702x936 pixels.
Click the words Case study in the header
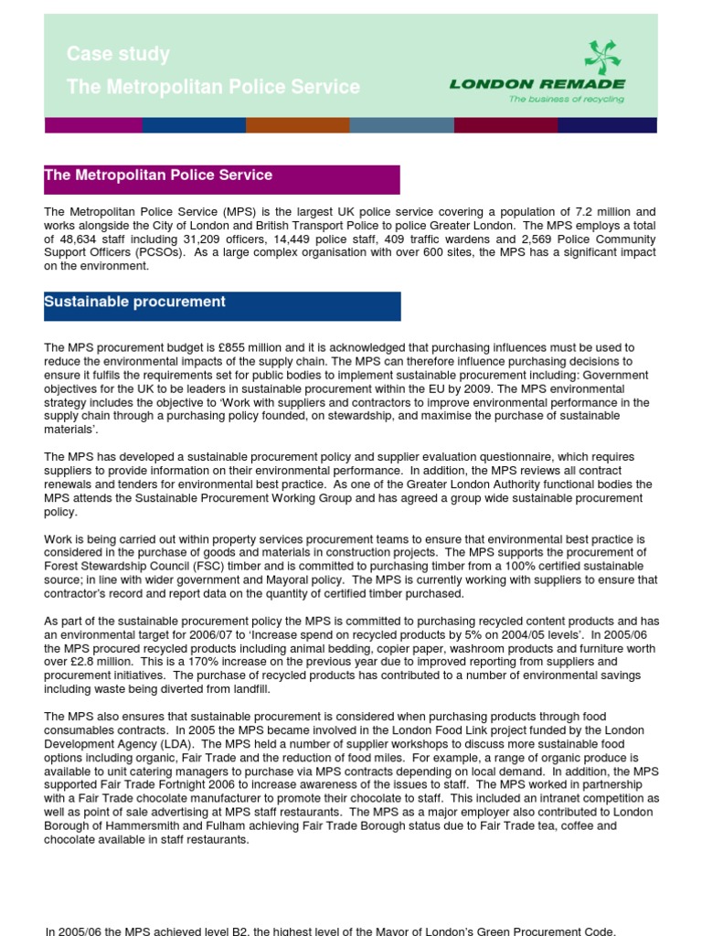[118, 55]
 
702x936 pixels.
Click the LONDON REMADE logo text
[537, 84]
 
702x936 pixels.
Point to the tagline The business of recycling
[566, 100]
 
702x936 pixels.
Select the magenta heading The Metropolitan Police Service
[159, 175]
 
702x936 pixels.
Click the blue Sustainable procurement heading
[135, 303]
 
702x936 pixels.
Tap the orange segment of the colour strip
[298, 125]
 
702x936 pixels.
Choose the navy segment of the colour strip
[607, 125]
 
